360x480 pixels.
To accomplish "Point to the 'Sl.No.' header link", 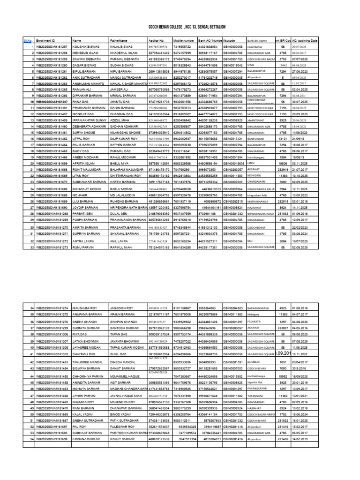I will pos(27,41).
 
